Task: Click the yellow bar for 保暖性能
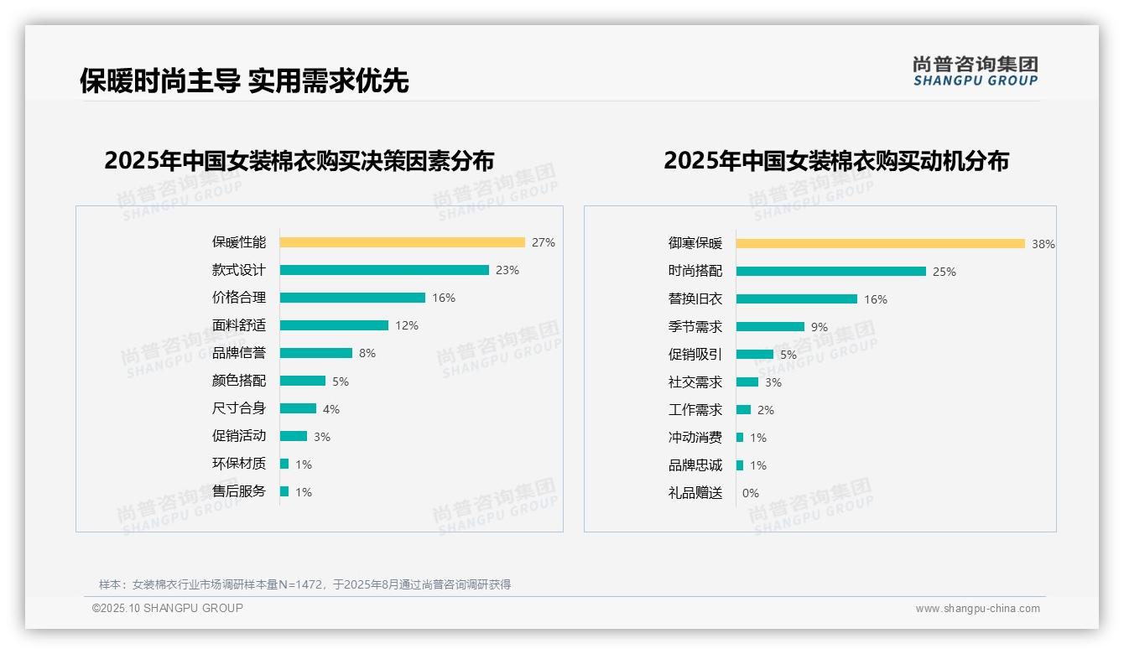click(x=402, y=242)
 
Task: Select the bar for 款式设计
click(x=384, y=270)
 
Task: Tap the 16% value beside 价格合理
click(x=444, y=298)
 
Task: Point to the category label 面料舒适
click(x=238, y=325)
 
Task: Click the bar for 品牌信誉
click(x=315, y=353)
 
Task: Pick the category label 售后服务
click(x=238, y=491)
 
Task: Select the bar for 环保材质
click(x=284, y=464)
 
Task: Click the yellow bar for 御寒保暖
click(x=880, y=243)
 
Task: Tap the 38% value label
click(x=1043, y=244)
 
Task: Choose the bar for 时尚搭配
click(x=830, y=271)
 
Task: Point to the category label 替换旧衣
click(x=695, y=298)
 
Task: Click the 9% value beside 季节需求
click(x=819, y=327)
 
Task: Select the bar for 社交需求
click(x=747, y=382)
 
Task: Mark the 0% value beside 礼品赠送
click(x=750, y=493)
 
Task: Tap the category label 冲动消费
click(x=695, y=438)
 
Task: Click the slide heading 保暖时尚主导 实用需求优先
click(x=244, y=80)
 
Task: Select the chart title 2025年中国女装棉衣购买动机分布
click(x=835, y=160)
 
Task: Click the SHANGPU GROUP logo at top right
click(x=975, y=71)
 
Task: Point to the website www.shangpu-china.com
click(x=977, y=609)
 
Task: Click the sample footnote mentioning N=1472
click(x=304, y=584)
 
